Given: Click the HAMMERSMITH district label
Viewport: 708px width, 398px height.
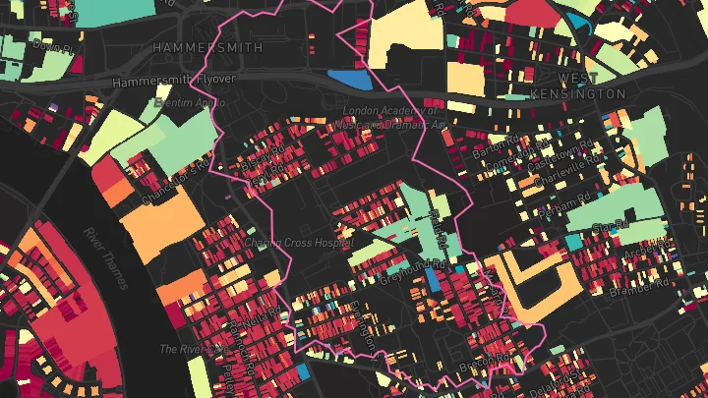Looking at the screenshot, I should [x=208, y=47].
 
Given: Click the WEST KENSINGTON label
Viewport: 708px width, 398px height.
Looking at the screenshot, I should [x=591, y=85].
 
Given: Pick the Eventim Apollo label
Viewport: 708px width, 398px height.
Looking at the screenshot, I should [x=188, y=102].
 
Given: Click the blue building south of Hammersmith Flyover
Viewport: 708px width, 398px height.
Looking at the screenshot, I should [x=350, y=79].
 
